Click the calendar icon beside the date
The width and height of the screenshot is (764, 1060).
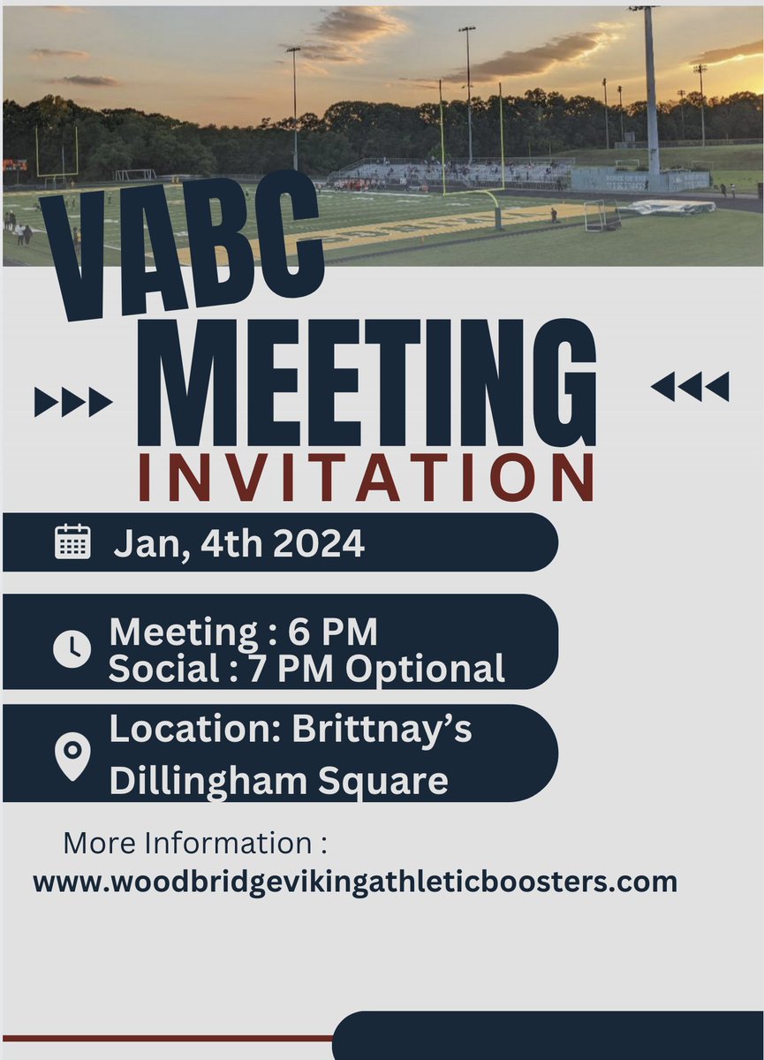(72, 541)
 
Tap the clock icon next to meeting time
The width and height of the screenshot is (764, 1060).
(72, 649)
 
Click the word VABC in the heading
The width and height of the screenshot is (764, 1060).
(181, 250)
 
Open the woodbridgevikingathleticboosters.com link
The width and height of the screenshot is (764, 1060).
(355, 882)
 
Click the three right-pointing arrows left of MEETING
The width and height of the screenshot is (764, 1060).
(72, 402)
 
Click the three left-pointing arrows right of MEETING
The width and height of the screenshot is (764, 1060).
(691, 386)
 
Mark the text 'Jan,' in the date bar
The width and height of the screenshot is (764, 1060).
(143, 543)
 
